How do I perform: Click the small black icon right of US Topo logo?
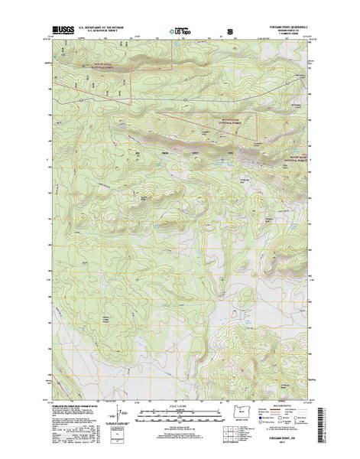(x=230, y=33)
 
